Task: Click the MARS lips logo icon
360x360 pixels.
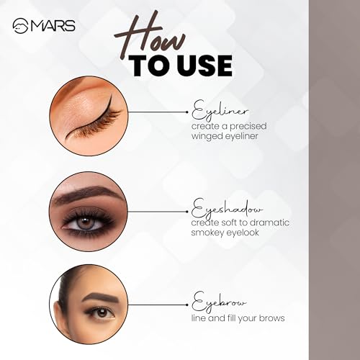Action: click(x=21, y=26)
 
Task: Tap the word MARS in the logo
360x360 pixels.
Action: click(x=53, y=26)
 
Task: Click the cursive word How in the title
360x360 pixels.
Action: click(x=150, y=36)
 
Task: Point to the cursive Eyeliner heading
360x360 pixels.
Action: click(x=220, y=111)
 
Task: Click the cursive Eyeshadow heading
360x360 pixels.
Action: click(x=227, y=210)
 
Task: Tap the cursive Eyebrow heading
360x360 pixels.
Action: click(x=219, y=302)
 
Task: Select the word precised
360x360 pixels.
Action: click(x=248, y=127)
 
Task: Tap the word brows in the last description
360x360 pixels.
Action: click(x=272, y=318)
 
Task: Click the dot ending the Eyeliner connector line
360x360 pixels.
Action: click(x=187, y=112)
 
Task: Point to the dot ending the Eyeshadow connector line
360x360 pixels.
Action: click(x=187, y=212)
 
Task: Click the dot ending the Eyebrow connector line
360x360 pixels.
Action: click(x=187, y=305)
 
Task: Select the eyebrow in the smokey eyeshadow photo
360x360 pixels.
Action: click(x=88, y=193)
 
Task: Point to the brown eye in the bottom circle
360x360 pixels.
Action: click(x=102, y=312)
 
